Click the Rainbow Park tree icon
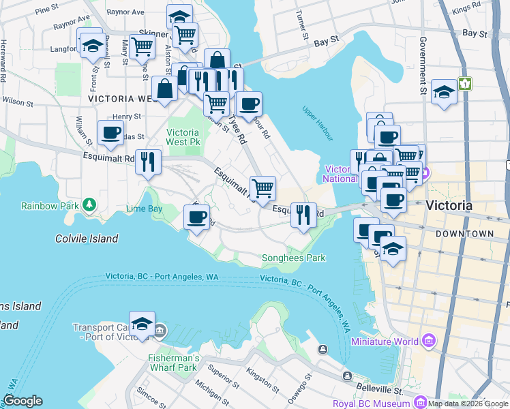[89, 204]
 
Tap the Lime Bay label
[144, 208]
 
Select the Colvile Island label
[87, 239]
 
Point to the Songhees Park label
[294, 258]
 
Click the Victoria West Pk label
[183, 138]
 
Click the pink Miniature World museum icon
[428, 340]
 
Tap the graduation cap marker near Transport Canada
[142, 324]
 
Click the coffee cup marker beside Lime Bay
[197, 218]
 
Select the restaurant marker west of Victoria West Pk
[148, 162]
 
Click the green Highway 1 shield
[466, 83]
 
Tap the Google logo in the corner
[22, 401]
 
